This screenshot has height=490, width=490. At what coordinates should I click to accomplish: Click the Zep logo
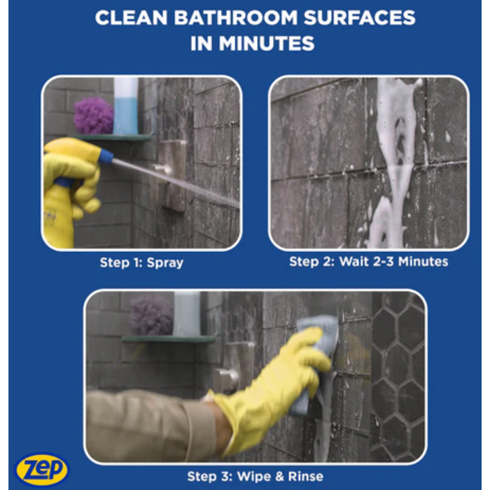(42, 469)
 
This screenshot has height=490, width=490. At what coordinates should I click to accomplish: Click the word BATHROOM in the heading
(235, 17)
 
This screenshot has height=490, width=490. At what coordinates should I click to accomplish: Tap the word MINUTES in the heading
(266, 43)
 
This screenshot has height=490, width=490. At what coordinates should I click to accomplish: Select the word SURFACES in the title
(359, 17)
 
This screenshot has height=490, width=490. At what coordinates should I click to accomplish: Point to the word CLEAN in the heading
(132, 17)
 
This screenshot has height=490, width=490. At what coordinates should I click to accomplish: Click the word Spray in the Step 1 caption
(165, 262)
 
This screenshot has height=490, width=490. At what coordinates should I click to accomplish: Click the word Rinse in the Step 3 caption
(306, 476)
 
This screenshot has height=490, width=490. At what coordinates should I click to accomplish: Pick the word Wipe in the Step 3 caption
(253, 477)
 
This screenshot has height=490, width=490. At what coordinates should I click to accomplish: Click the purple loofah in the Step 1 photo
(93, 115)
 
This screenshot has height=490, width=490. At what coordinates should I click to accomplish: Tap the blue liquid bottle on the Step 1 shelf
(125, 106)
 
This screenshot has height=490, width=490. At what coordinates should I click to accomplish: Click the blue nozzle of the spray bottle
(106, 155)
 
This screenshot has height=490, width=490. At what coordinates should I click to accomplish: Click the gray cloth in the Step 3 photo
(315, 353)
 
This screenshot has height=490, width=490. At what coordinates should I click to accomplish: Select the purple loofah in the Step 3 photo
(151, 314)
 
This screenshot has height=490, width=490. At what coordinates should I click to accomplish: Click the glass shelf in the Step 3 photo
(169, 339)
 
